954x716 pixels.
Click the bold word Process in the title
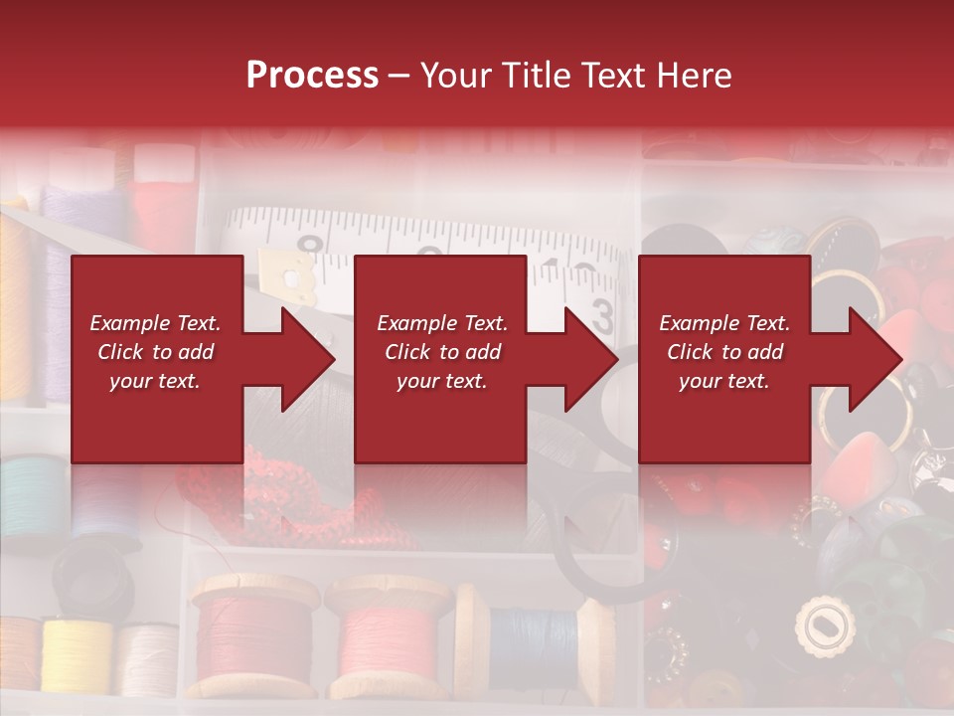click(312, 76)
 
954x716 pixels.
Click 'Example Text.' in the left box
click(155, 323)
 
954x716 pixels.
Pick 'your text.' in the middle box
click(441, 381)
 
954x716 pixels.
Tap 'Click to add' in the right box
click(724, 352)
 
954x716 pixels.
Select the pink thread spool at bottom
click(388, 636)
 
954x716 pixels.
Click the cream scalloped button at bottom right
click(825, 627)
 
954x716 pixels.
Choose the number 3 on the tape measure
click(601, 316)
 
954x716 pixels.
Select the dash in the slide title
click(398, 76)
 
